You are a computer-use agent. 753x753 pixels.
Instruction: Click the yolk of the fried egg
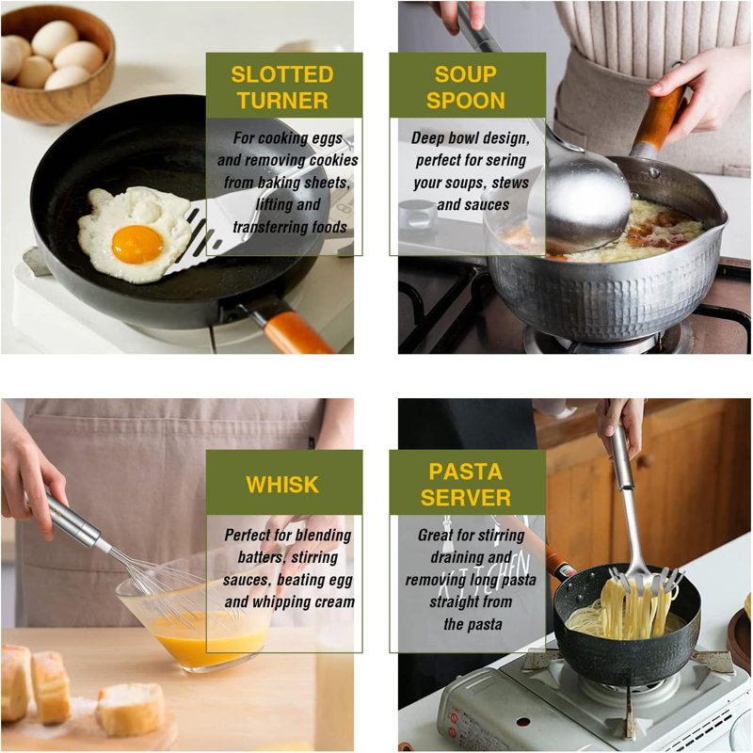(137, 245)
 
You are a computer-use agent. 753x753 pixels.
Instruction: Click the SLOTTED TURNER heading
(282, 88)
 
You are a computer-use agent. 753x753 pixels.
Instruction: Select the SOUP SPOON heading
(465, 88)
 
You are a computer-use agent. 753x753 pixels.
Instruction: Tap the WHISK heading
(282, 485)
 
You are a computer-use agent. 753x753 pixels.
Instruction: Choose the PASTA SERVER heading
(465, 485)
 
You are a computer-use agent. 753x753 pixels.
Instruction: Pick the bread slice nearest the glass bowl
(131, 709)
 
